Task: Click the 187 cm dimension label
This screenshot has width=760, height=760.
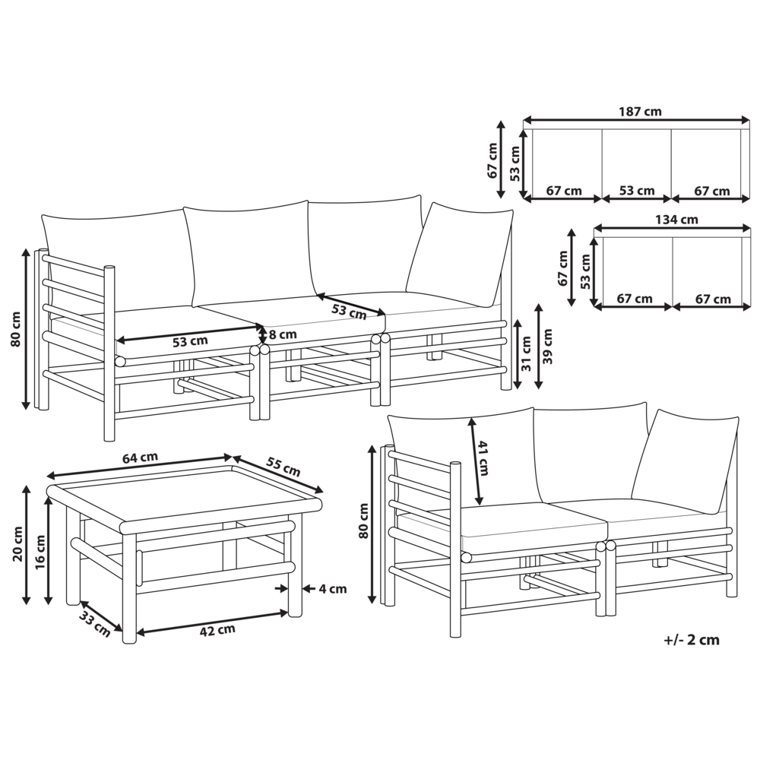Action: coord(640,112)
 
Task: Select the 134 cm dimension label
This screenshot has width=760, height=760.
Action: coord(676,220)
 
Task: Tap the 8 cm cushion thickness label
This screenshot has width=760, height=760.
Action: coord(283,334)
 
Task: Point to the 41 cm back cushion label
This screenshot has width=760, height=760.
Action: coord(483,458)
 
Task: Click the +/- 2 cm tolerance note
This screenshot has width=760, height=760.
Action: coord(692,640)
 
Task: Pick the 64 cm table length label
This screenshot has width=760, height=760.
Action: coord(140,458)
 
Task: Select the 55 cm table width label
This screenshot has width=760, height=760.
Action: coord(283,467)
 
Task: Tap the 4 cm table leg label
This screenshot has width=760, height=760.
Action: coord(333,589)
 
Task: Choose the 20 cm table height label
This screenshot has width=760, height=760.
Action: coord(18,544)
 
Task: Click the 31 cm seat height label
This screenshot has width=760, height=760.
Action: coord(526,353)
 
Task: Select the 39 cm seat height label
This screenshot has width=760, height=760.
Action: coord(548,346)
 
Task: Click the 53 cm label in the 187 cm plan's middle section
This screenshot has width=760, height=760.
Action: coord(636,191)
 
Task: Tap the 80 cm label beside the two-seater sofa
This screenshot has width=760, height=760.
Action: coord(363,521)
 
